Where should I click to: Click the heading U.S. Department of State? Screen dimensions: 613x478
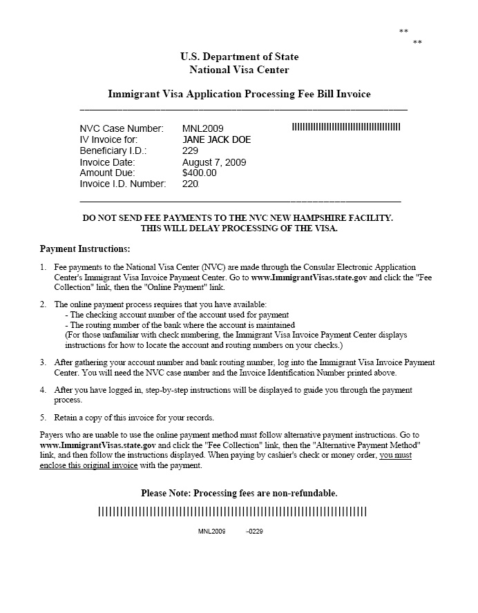click(239, 57)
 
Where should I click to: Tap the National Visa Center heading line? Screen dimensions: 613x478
click(239, 70)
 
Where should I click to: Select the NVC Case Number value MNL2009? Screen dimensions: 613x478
click(202, 128)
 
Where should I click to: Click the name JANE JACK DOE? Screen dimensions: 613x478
click(216, 139)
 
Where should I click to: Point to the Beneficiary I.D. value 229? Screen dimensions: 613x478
click(190, 150)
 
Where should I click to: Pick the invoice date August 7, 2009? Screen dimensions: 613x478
click(214, 162)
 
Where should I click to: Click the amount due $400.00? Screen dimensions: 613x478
click(199, 173)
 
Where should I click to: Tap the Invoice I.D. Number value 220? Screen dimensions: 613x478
click(190, 184)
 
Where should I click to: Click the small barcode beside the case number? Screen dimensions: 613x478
click(346, 128)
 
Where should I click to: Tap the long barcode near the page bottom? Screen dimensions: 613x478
click(232, 512)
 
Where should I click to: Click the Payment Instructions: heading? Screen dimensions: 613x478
click(85, 249)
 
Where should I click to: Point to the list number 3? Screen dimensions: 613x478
click(43, 362)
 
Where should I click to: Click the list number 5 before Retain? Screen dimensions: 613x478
click(43, 418)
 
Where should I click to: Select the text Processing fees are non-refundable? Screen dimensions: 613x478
click(265, 494)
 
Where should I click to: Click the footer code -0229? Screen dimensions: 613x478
click(254, 532)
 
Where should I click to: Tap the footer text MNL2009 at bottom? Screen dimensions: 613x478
click(211, 532)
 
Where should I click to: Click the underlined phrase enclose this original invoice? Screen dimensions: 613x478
click(84, 466)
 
